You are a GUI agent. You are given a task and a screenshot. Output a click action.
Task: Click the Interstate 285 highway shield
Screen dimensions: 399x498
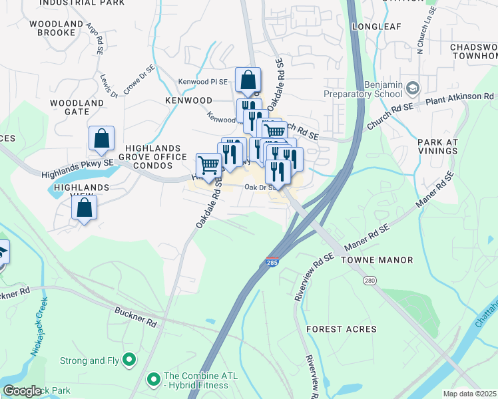pos(272,263)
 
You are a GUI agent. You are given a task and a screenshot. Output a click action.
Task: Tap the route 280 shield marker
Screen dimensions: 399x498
pos(370,281)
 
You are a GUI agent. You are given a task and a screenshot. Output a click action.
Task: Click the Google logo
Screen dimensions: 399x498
pos(22,391)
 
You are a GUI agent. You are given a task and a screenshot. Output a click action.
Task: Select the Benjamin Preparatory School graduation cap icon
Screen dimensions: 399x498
pos(413,88)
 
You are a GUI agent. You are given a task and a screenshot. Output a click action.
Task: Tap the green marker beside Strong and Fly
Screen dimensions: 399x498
pos(129,361)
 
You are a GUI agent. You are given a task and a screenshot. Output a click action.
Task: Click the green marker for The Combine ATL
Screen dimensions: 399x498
pos(153,379)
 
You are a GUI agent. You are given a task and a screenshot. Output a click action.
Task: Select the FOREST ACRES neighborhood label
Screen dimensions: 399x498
pos(342,329)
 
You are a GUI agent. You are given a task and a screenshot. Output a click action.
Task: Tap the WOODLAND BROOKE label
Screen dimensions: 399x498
pos(56,28)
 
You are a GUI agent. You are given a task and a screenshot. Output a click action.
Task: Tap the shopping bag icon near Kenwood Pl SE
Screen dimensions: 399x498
pos(248,80)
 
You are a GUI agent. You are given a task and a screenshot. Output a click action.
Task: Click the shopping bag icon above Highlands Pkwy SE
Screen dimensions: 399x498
pos(101,138)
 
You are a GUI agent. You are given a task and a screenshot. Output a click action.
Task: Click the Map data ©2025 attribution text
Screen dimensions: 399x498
pos(469,394)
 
